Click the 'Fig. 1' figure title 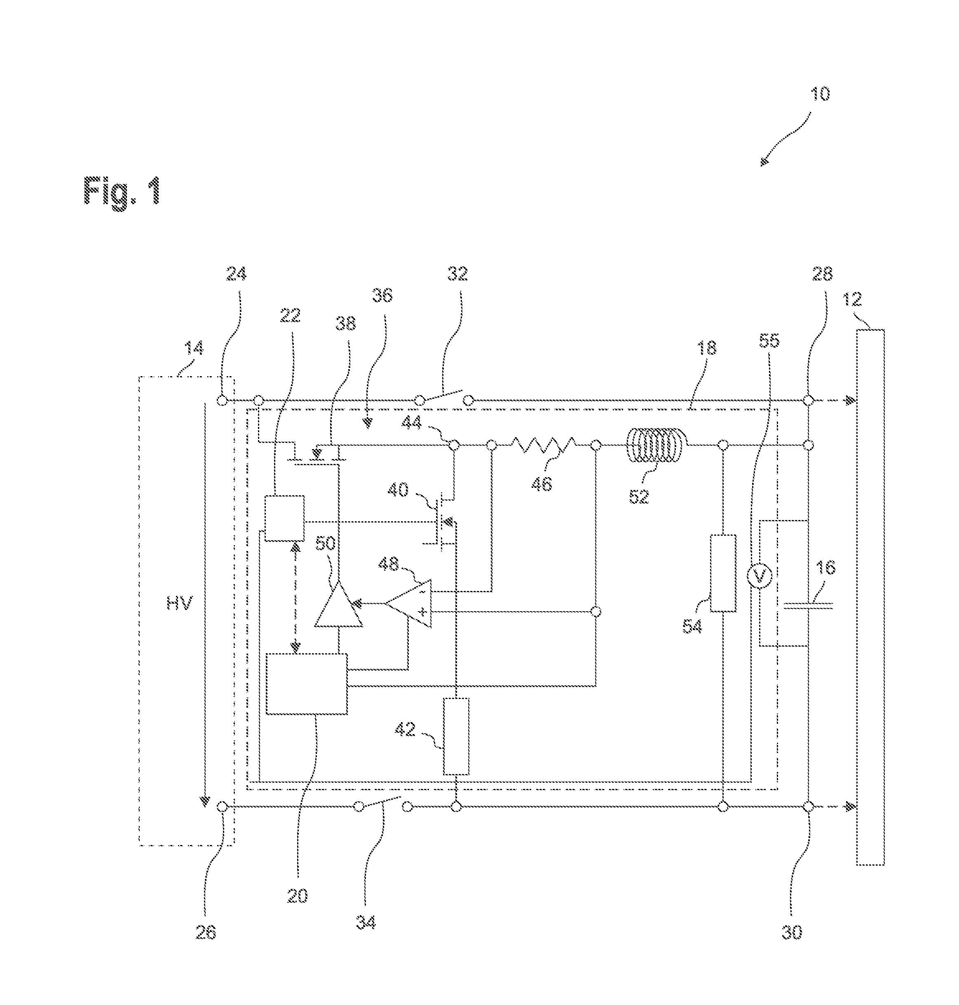pos(122,191)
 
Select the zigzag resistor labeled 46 pos(543,445)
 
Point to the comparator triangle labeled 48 pos(408,603)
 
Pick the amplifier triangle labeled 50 pos(338,605)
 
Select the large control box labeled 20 pos(306,684)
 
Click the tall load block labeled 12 pos(870,598)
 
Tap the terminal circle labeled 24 pos(222,400)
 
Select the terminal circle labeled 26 pos(222,807)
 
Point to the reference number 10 pos(820,94)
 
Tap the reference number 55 pos(769,341)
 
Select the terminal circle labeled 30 pos(808,807)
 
